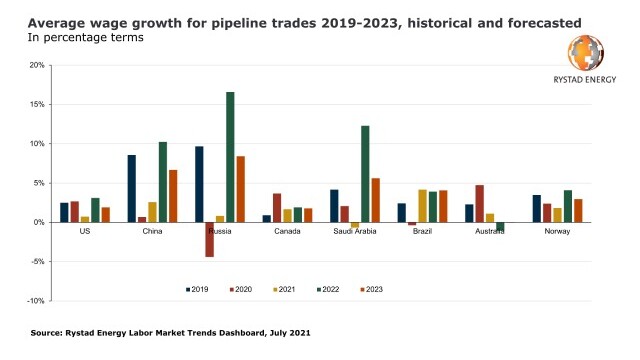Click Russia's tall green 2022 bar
pos(230,157)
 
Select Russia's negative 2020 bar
pos(209,240)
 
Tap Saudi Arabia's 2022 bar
pos(365,174)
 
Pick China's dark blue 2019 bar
pos(131,189)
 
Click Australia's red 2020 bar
pos(479,204)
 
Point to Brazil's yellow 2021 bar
pos(422,206)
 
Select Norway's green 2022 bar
pos(568,207)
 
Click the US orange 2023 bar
pos(106,215)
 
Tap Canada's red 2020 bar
pos(277,208)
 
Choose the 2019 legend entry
pos(197,289)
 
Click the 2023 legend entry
pos(371,289)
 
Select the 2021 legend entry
pos(284,289)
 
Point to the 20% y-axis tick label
pos(37,65)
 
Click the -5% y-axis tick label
pos(37,262)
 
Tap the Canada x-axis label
pos(287,231)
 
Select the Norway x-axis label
pos(557,231)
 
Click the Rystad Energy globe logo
pos(585,53)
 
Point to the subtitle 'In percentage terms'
pos(86,38)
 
